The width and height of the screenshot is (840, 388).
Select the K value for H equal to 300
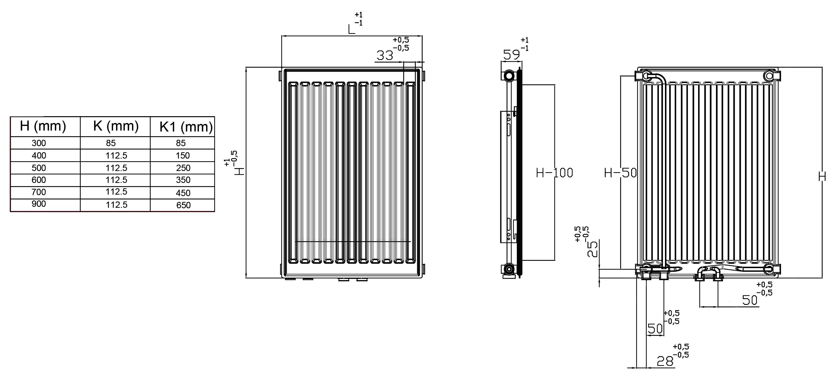tap(111, 143)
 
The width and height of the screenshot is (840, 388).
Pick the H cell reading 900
tap(39, 204)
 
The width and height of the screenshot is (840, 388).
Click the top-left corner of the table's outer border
tap(10, 117)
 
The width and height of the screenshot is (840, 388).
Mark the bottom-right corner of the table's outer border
tap(215, 212)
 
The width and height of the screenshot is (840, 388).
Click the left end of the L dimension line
tap(281, 36)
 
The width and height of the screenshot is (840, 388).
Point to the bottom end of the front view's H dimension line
tap(246, 278)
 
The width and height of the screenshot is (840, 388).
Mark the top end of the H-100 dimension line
tap(555, 85)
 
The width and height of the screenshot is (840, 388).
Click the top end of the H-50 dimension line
tap(620, 76)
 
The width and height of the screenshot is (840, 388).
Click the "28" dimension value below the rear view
tap(665, 361)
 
